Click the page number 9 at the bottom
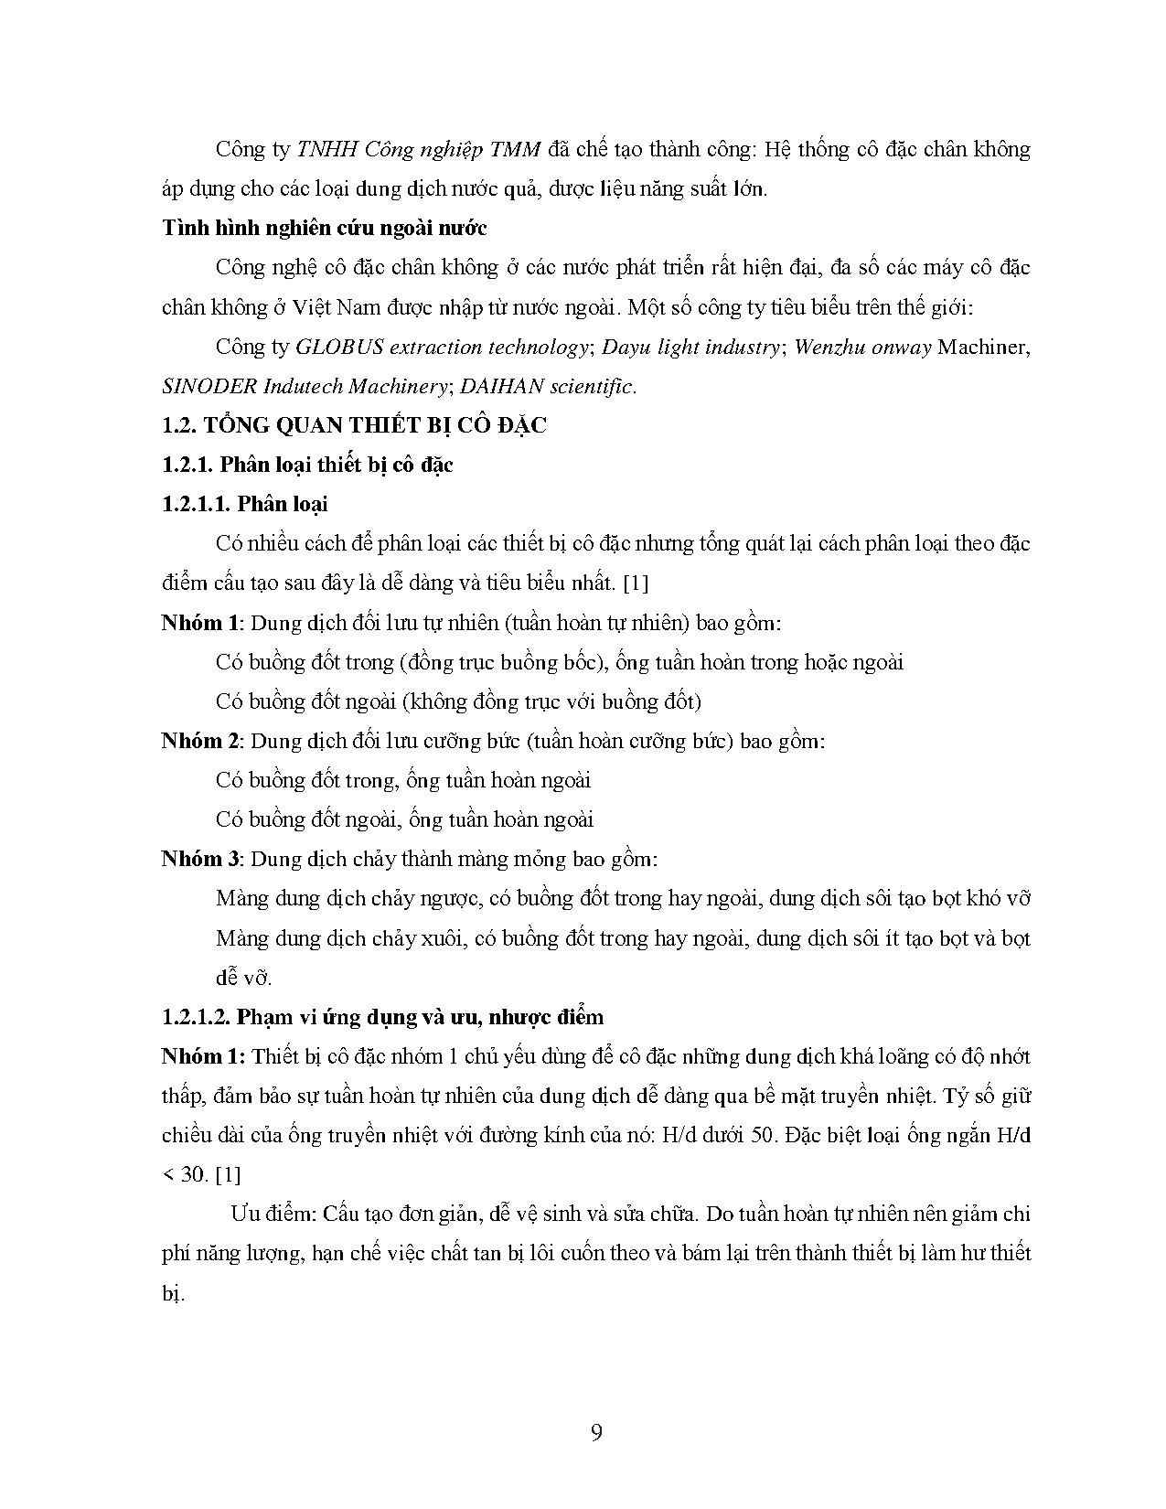596,1432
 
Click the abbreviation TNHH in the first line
328,150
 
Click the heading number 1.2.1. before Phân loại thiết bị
188,465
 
